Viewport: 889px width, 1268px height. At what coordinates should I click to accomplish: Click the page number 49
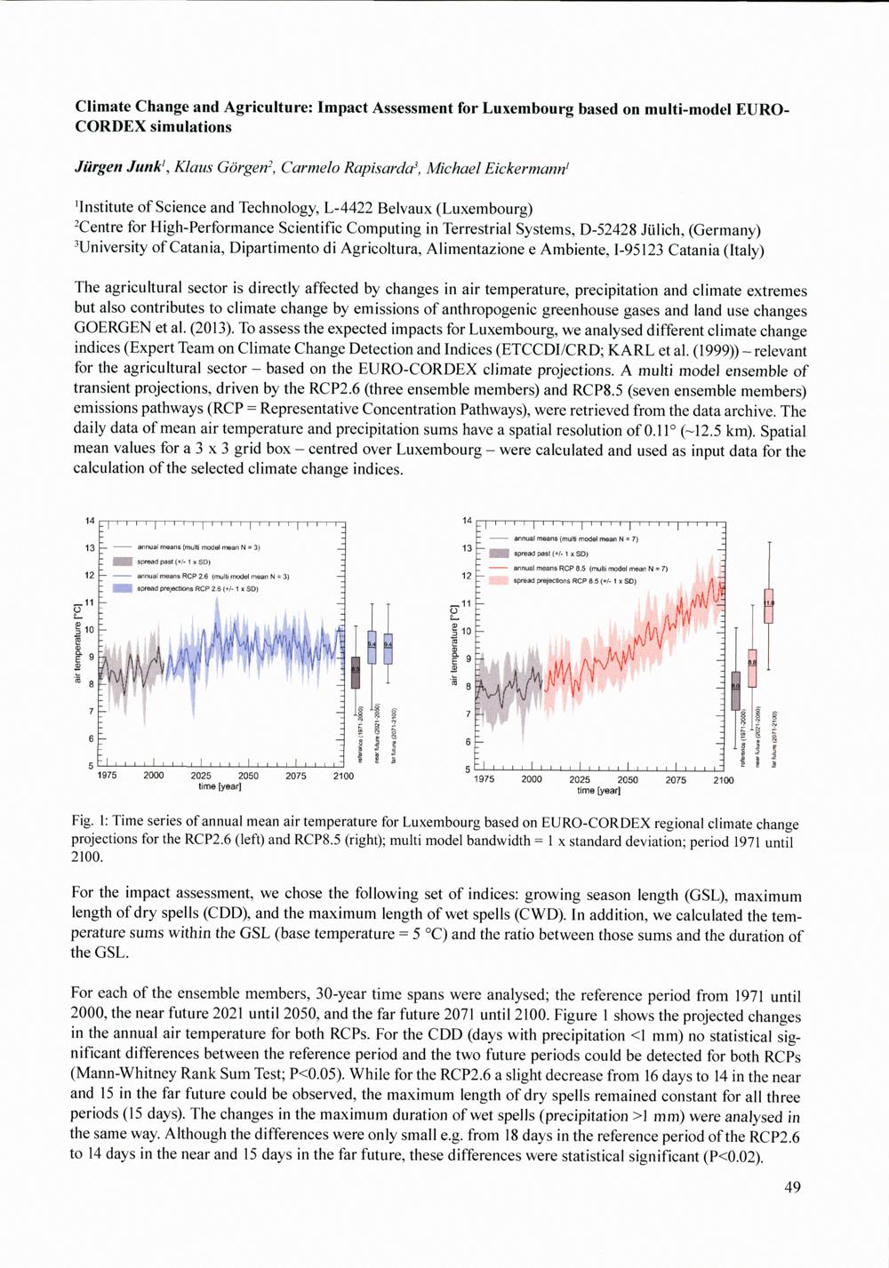[793, 1187]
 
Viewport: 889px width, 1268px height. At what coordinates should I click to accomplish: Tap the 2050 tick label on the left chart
[248, 776]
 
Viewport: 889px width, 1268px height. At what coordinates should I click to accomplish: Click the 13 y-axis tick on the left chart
[89, 547]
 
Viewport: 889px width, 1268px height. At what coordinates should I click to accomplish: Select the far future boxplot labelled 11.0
[769, 605]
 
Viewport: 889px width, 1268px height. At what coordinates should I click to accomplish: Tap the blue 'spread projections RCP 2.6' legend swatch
[123, 588]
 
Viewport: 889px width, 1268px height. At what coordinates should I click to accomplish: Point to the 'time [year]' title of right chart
[597, 790]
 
